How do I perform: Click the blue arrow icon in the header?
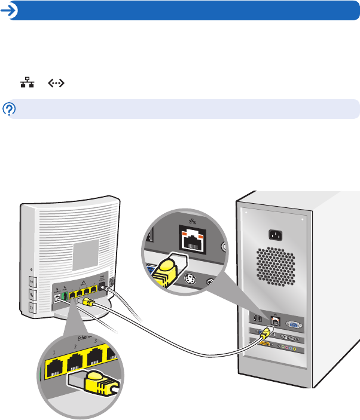tap(9, 10)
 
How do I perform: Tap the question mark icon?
tap(9, 109)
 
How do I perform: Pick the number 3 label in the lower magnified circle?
tap(97, 342)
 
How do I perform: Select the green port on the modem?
tap(64, 295)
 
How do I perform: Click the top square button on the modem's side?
tap(31, 280)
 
